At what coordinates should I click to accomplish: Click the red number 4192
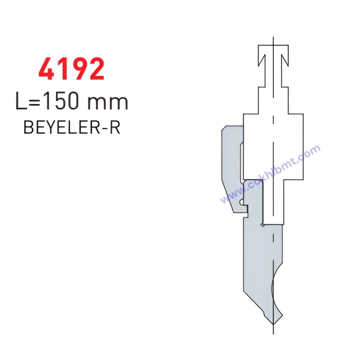point(72,69)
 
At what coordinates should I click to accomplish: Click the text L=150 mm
point(72,101)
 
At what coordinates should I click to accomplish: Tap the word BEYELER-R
point(72,127)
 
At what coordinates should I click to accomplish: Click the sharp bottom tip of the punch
point(273,324)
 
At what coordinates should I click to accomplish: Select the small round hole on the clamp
point(242,202)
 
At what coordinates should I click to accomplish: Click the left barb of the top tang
point(262,60)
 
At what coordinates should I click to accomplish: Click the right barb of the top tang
point(285,60)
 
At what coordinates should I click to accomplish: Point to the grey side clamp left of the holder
point(231,169)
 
